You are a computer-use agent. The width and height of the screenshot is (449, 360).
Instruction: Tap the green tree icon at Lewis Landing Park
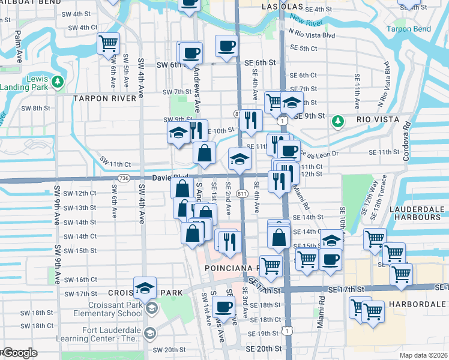coord(58,81)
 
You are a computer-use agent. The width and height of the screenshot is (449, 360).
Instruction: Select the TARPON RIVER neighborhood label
coord(104,98)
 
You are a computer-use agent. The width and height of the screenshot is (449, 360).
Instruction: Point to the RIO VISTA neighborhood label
coord(378,120)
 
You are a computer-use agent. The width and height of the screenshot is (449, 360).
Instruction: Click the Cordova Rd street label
coord(406,137)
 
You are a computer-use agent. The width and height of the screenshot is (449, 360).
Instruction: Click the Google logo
coord(20,353)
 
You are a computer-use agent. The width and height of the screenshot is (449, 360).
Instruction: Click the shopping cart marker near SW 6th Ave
coord(108,43)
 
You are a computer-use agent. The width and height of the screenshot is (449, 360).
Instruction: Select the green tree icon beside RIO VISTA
coord(339,121)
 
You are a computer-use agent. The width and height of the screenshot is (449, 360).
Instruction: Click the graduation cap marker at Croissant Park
coord(145,289)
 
